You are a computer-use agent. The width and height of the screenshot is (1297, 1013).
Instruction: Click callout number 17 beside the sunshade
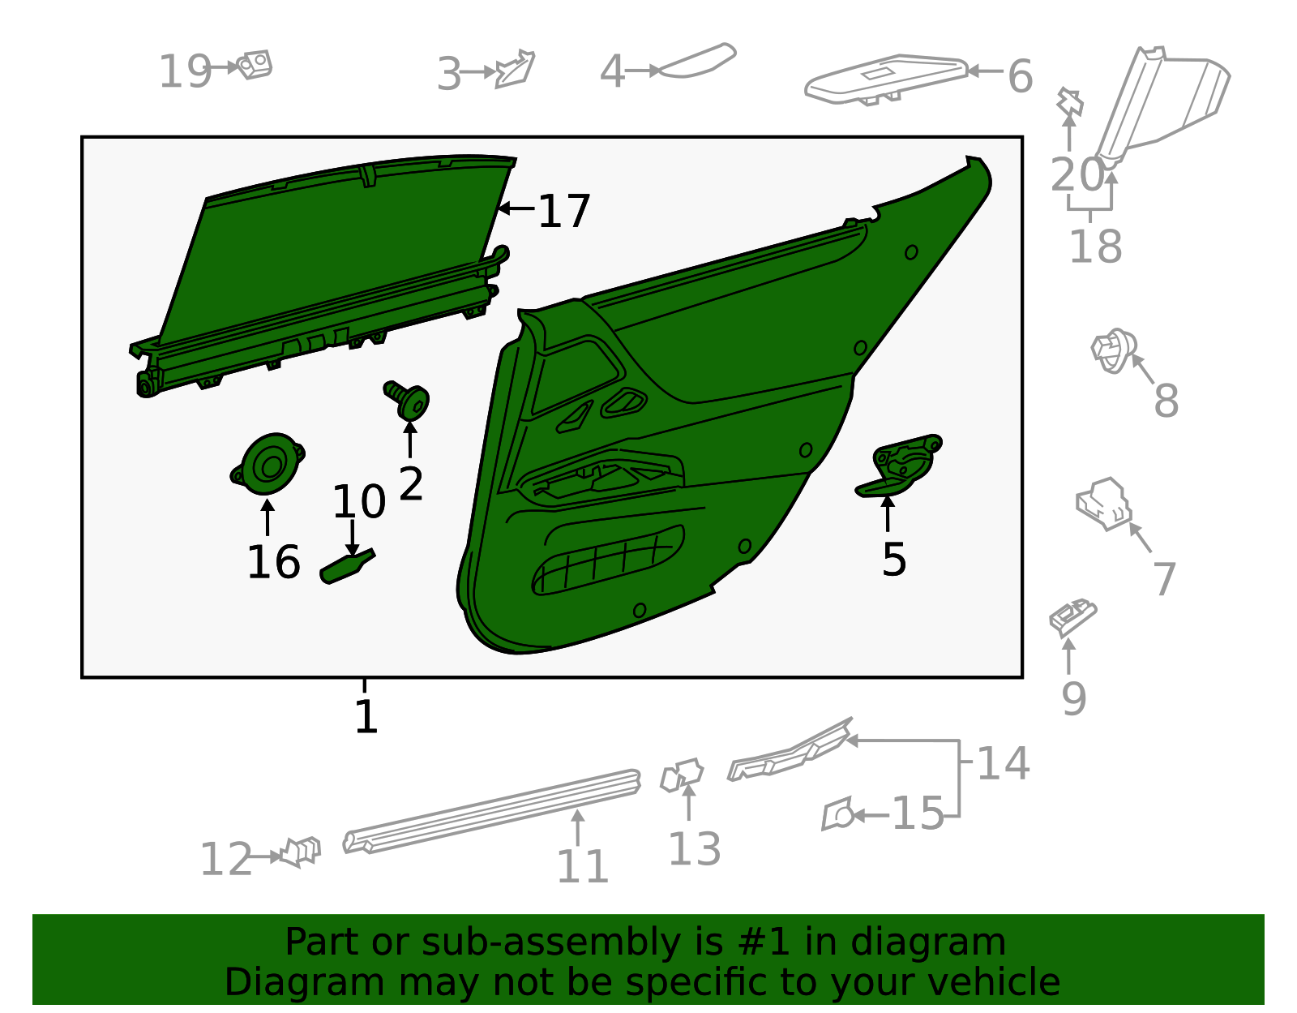(564, 212)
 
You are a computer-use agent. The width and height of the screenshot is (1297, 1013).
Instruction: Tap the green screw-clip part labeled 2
(409, 399)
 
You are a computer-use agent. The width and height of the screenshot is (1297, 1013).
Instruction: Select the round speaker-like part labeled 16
(268, 464)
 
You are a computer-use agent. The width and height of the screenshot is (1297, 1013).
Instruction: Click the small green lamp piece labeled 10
(348, 564)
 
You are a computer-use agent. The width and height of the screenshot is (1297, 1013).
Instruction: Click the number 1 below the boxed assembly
(366, 717)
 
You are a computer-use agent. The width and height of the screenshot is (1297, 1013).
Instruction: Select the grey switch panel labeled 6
(888, 78)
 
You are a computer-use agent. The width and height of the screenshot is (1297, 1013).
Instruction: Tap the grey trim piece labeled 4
(696, 62)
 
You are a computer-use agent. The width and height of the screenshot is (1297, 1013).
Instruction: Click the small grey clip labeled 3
(516, 70)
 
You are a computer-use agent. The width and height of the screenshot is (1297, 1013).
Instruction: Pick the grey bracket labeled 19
(255, 65)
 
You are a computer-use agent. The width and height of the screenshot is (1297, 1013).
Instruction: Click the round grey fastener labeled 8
(1112, 350)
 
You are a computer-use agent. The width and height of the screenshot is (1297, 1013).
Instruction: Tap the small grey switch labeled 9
(1072, 616)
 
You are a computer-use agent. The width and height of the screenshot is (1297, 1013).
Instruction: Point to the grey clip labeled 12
(300, 852)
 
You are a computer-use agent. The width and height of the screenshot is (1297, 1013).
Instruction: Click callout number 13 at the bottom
(694, 849)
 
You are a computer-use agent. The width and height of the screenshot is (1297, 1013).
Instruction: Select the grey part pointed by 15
(837, 813)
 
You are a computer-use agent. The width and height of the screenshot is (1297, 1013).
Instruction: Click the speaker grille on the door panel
(608, 560)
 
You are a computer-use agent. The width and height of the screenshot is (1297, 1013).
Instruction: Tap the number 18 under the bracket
(1095, 247)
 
